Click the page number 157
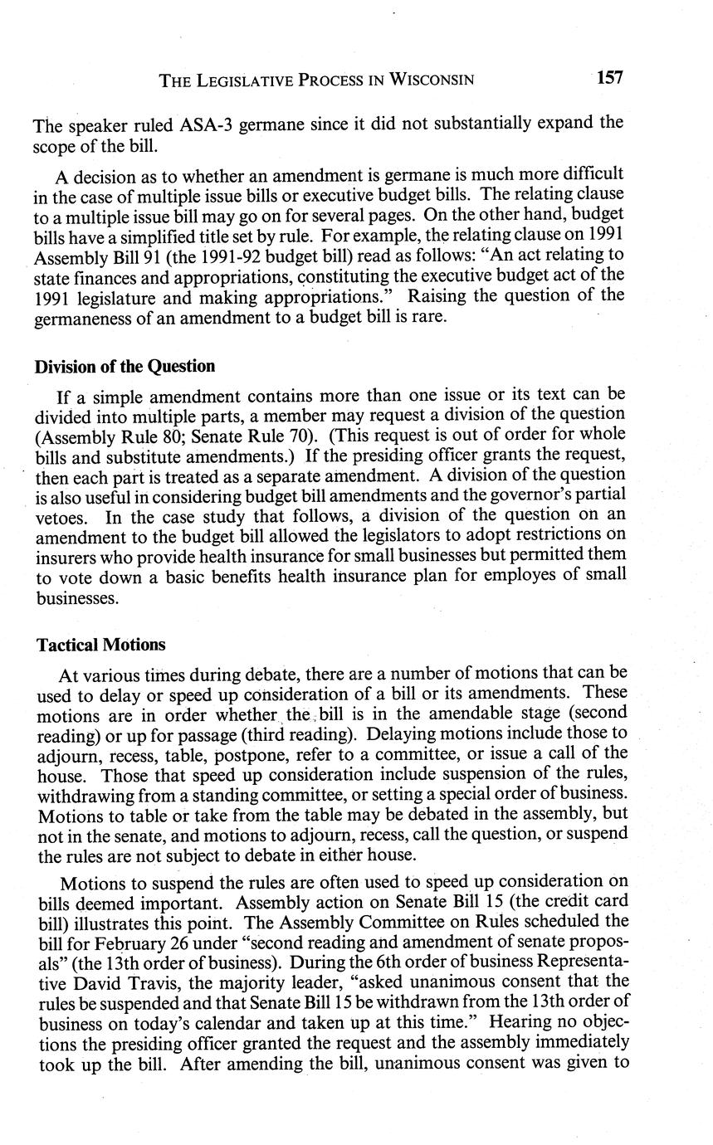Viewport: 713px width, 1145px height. click(609, 78)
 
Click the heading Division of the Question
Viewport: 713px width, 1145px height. click(125, 366)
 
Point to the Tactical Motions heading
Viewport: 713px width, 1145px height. click(100, 644)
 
